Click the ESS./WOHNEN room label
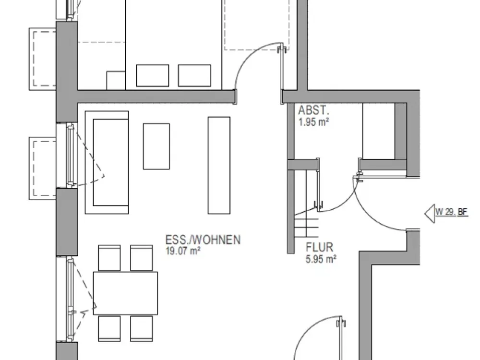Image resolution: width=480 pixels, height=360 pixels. point(203,240)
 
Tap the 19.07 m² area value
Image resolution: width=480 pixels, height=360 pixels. point(183,251)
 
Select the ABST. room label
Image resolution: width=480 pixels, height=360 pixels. point(314,110)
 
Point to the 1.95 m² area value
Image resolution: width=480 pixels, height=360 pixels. point(314,122)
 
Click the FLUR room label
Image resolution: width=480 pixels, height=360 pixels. point(319,247)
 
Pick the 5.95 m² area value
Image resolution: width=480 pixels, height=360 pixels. point(321,259)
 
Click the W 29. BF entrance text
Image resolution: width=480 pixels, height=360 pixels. point(452,212)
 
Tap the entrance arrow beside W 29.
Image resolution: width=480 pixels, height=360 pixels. point(430,214)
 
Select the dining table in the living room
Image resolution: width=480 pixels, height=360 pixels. point(125,293)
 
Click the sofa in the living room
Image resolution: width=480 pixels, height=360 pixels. point(107,162)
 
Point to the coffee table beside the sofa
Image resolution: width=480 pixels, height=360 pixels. point(156,146)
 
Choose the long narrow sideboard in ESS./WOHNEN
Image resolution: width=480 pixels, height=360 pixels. point(219,165)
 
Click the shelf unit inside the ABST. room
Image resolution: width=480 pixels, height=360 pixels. point(379,131)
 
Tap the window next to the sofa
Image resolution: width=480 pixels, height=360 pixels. point(71,155)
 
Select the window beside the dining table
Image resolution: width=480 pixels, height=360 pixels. point(71,299)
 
